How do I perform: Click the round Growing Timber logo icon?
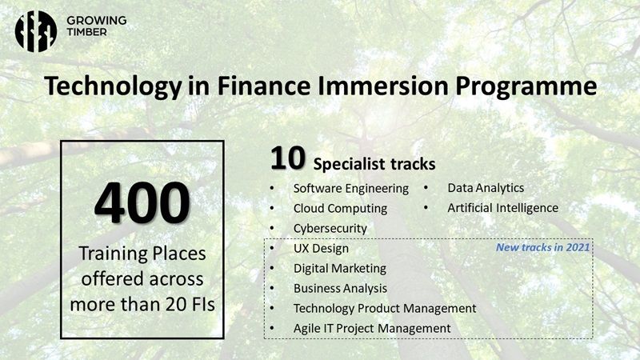point(36,31)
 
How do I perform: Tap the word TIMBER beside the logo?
point(87,32)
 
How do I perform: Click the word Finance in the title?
point(263,86)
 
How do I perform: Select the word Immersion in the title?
point(382,86)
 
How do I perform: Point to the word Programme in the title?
point(526,87)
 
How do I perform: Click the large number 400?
point(142,203)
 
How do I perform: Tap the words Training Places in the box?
point(142,254)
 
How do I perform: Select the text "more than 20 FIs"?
point(142,305)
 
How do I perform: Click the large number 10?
point(287,158)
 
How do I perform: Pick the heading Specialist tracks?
point(374,164)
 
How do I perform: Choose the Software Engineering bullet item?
point(350,188)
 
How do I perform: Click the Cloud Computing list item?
point(340,208)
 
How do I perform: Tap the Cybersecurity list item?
point(330,228)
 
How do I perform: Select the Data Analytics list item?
point(486,188)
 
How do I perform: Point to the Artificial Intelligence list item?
point(503,208)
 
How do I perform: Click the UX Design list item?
point(321,248)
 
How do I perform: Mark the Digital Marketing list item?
point(339,268)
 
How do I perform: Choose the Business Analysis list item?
point(340,288)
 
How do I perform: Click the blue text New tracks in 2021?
point(542,247)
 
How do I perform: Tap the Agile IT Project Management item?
point(372,328)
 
